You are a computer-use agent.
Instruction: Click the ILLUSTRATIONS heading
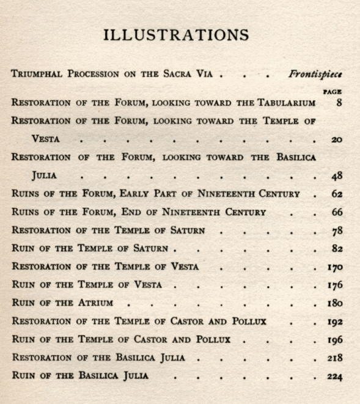[176, 35]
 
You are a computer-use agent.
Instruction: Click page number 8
[339, 103]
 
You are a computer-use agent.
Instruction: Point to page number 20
[336, 140]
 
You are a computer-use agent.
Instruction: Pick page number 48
[336, 176]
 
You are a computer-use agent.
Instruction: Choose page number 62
[336, 194]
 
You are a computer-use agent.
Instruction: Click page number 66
[336, 213]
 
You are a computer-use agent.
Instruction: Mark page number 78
[336, 231]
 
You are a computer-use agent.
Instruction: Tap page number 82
[336, 249]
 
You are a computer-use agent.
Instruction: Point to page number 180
[334, 303]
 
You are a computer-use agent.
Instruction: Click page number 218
[334, 358]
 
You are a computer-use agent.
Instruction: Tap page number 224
[334, 376]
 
